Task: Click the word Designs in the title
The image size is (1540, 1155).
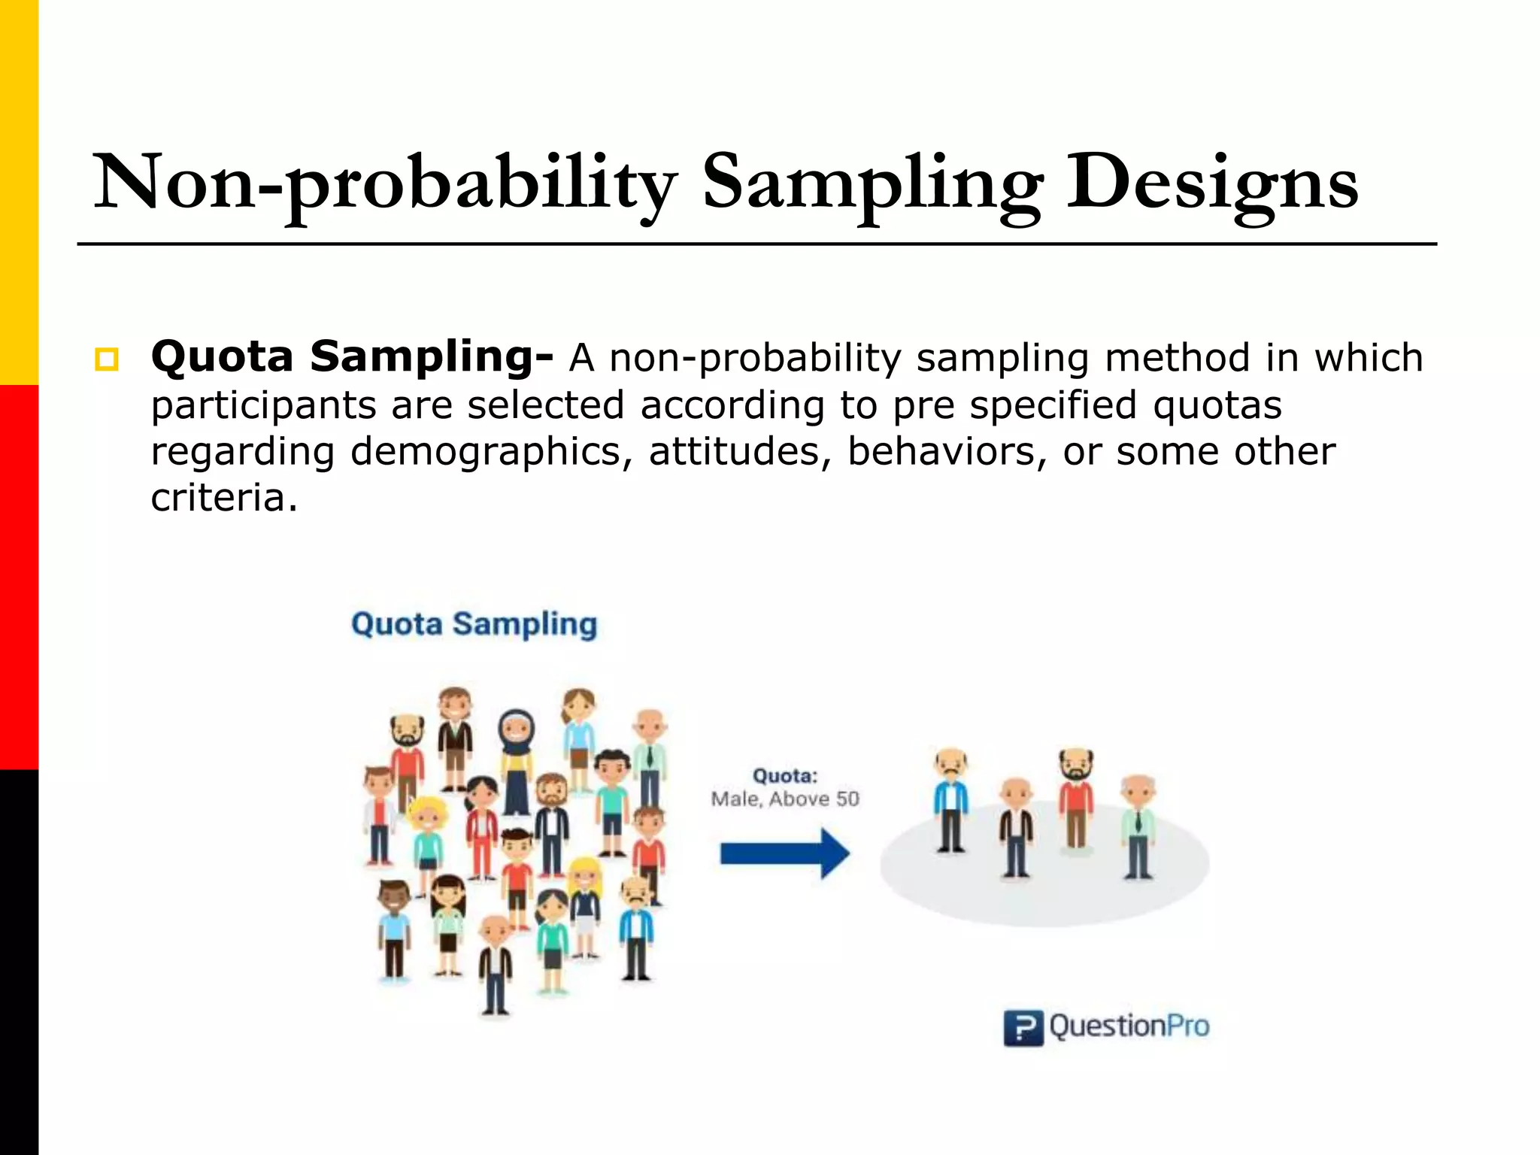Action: [1212, 183]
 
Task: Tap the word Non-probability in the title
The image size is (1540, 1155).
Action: [384, 183]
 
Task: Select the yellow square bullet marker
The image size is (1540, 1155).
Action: [106, 359]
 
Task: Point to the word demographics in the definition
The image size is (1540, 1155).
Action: [485, 451]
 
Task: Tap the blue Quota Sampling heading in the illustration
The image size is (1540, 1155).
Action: [474, 624]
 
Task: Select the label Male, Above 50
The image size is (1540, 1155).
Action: [784, 799]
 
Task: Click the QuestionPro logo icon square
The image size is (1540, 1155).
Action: [1023, 1028]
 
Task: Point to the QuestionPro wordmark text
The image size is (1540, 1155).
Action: [1129, 1026]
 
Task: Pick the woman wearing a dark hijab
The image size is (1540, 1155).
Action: [517, 759]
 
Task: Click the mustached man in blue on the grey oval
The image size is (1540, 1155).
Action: [951, 801]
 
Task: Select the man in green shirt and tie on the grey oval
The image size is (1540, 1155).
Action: [1138, 827]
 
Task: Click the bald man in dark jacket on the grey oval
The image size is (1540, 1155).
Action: [1016, 827]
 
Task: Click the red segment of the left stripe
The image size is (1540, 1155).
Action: [19, 577]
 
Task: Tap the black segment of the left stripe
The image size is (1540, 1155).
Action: [19, 962]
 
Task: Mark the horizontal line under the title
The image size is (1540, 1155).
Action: [756, 244]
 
